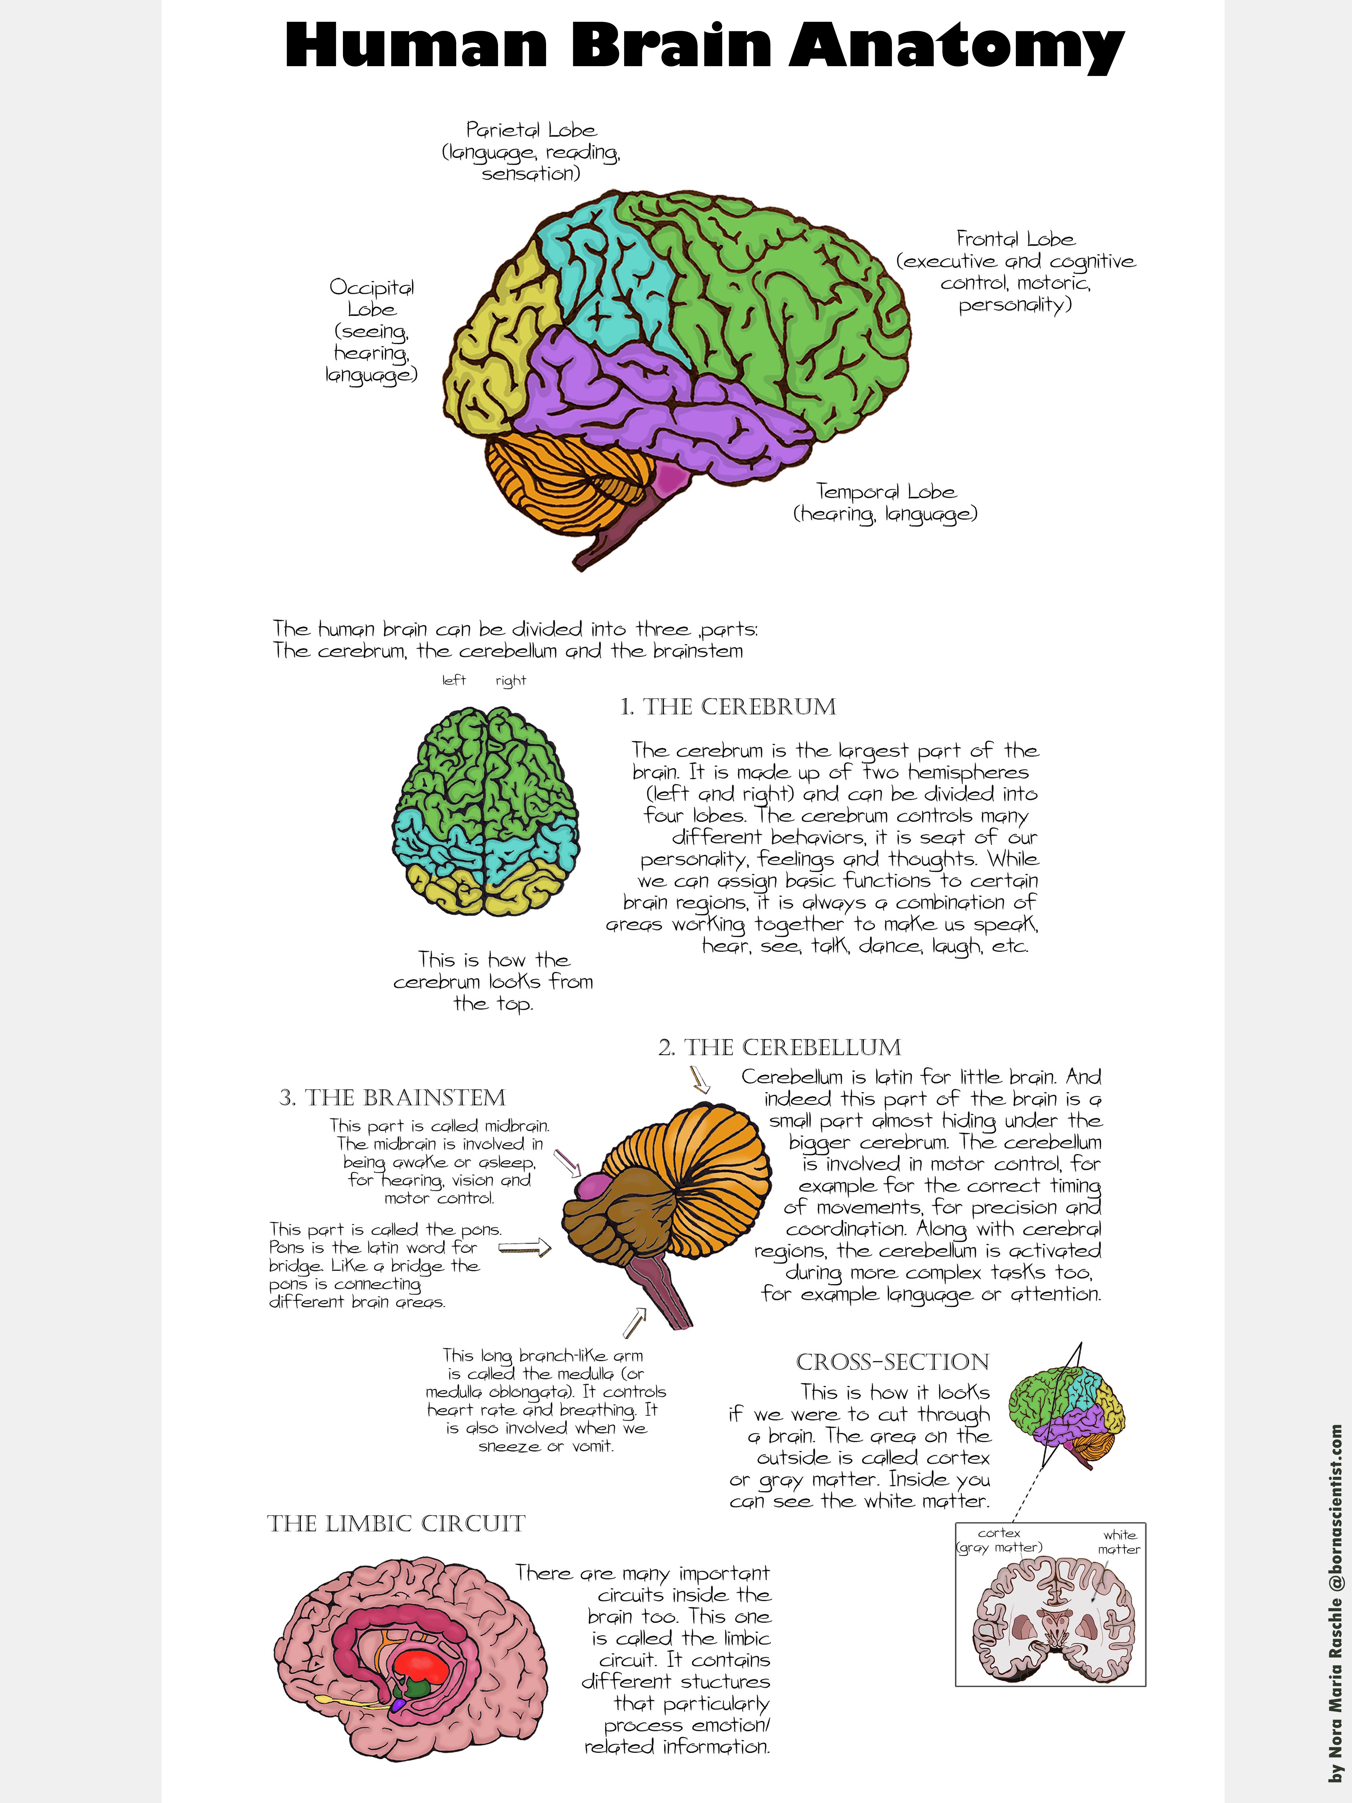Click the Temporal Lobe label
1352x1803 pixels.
pyautogui.click(x=886, y=492)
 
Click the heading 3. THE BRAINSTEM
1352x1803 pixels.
pyautogui.click(x=392, y=1098)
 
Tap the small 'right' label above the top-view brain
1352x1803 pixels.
pyautogui.click(x=511, y=681)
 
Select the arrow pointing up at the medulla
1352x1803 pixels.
pyautogui.click(x=635, y=1322)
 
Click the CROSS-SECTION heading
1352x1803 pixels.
pyautogui.click(x=892, y=1362)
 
